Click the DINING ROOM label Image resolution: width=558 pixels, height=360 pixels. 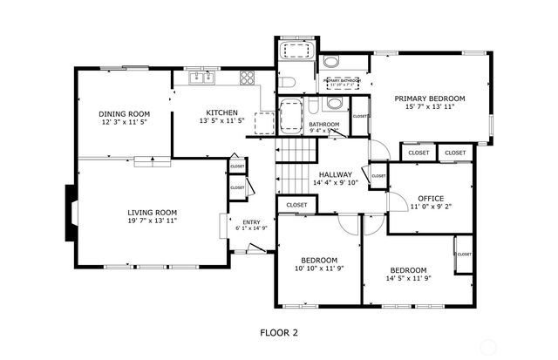124,114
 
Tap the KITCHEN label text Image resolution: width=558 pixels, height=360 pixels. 221,112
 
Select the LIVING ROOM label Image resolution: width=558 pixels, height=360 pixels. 153,212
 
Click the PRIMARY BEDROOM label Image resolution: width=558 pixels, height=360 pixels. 429,98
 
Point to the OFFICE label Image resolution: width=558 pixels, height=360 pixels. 431,198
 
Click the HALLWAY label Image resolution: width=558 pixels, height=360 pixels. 335,173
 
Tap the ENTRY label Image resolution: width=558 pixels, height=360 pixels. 251,222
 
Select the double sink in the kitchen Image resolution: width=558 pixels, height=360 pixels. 202,78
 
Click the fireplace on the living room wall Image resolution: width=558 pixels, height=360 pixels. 70,213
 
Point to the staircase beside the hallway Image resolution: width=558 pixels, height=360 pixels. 294,168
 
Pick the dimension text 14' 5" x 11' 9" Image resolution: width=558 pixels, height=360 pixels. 408,279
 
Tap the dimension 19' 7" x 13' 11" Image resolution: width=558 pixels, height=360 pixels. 153,221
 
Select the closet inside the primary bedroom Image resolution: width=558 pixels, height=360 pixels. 360,116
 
